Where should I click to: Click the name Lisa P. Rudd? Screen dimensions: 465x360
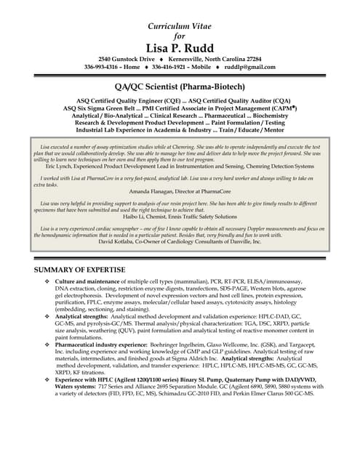pyautogui.click(x=180, y=47)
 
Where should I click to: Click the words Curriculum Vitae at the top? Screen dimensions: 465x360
pyautogui.click(x=180, y=26)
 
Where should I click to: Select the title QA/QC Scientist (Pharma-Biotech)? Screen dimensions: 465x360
pyautogui.click(x=180, y=86)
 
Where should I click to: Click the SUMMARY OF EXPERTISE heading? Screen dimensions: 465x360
pyautogui.click(x=80, y=270)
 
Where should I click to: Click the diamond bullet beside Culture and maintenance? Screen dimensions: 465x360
pyautogui.click(x=47, y=281)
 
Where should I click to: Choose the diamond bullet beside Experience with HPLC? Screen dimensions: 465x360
pyautogui.click(x=47, y=380)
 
